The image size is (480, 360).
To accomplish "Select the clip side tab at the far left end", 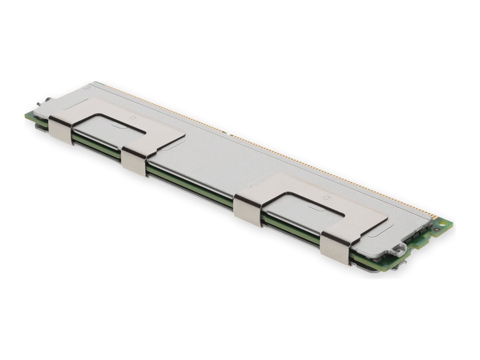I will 60,130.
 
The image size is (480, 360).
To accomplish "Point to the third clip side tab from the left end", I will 248,210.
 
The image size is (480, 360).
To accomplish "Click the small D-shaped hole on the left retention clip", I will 131,118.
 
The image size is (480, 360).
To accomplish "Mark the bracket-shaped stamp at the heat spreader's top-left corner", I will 88,86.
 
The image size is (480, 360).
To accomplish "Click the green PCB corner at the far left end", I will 28,116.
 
